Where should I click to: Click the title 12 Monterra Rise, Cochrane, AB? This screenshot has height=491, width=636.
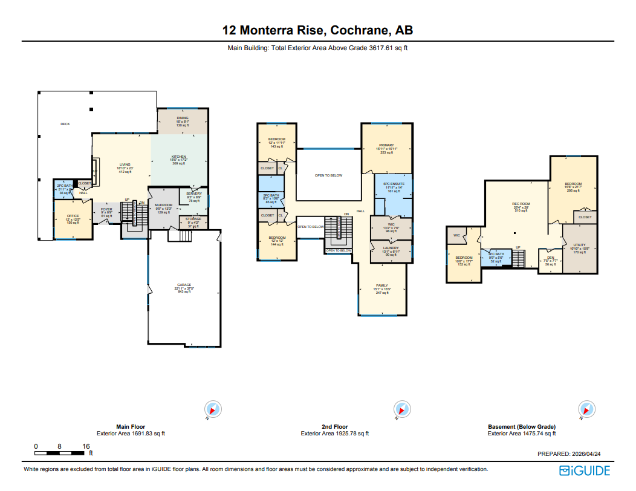point(317,31)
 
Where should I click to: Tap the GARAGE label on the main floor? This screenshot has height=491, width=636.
point(184,285)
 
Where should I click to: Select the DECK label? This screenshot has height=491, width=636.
point(65,124)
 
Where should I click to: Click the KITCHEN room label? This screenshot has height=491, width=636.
point(179,157)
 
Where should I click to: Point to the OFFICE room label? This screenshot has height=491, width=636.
point(73,216)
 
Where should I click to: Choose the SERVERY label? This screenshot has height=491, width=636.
point(194,193)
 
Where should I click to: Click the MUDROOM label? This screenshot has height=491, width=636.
point(164,205)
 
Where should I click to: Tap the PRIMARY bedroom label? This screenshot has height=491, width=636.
point(386,145)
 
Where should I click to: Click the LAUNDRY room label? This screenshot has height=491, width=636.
point(391,248)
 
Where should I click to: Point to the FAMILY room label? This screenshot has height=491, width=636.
point(381,285)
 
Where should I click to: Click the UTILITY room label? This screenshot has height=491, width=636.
point(579,245)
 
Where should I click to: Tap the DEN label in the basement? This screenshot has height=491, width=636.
point(550,257)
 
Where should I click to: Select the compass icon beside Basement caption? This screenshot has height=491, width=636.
point(585,409)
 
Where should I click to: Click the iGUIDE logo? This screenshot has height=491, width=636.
point(585,470)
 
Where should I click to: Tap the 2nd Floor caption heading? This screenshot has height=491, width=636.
point(334,426)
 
